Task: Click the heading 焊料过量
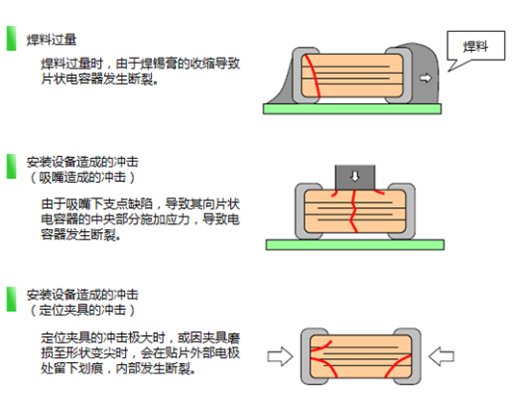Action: coord(53,41)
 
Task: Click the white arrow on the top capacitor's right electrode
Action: coord(425,75)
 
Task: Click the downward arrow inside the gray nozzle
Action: coord(354,175)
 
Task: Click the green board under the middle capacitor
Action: coord(353,245)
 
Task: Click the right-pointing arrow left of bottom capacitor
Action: coord(280,356)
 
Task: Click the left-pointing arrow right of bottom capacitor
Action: coord(442,356)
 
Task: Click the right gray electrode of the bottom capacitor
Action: coord(413,356)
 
